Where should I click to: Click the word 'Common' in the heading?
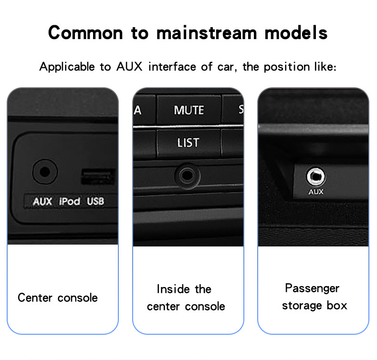point(85,32)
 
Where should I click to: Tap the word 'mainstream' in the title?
point(207,32)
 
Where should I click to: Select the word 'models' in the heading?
point(296,32)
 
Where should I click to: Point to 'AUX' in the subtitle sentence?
point(129,67)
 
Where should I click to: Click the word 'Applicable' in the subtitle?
point(67,67)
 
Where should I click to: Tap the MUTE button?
point(189,110)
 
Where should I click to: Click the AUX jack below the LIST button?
point(187,175)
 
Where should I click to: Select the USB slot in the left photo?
point(97,176)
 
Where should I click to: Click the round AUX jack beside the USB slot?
point(45,172)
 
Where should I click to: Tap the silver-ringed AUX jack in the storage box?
point(315,176)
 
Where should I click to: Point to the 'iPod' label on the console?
point(70,201)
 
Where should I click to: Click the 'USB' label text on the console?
point(95,201)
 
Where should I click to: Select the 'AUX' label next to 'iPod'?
point(42,201)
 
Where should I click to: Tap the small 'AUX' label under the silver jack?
point(316,192)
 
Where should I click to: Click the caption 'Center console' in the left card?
point(58,298)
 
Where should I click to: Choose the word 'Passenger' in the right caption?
point(312,288)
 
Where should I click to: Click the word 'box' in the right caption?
point(337,306)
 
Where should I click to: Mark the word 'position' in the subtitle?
point(287,67)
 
